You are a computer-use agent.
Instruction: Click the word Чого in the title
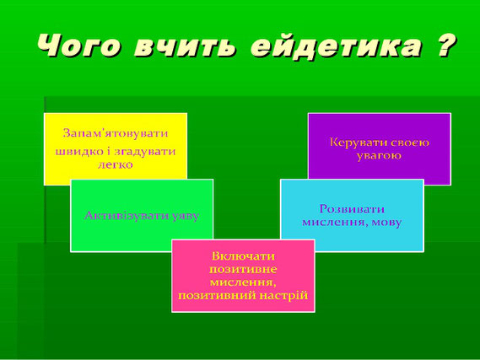click(79, 46)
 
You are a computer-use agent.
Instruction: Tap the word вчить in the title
click(186, 46)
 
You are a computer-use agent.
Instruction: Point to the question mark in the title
click(445, 46)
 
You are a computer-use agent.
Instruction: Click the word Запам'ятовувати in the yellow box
click(116, 133)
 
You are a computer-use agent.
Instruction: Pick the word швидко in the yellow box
click(75, 151)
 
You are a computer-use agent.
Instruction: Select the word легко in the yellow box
click(116, 165)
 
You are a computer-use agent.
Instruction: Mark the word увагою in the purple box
click(379, 156)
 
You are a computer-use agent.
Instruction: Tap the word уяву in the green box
click(186, 217)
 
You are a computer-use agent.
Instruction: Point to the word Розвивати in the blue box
click(352, 209)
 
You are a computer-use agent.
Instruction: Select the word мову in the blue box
click(386, 223)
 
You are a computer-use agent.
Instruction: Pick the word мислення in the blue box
click(335, 223)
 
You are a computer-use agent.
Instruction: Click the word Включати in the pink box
click(243, 256)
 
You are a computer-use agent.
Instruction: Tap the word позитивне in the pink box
click(243, 270)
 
